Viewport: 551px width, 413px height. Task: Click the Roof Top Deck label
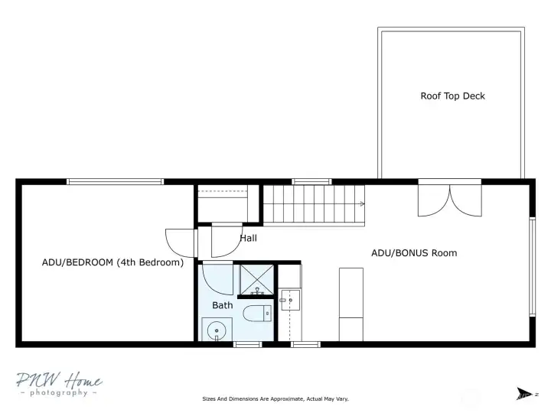[452, 96]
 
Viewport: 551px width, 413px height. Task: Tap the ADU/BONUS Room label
[414, 253]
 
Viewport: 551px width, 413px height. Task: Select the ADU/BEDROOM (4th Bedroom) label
[112, 262]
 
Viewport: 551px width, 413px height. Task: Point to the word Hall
[249, 238]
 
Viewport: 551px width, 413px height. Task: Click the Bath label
[223, 305]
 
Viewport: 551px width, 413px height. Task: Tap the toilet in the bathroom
[257, 314]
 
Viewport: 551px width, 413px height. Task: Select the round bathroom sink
[217, 330]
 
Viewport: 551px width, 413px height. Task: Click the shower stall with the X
[256, 280]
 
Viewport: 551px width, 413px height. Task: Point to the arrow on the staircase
[362, 204]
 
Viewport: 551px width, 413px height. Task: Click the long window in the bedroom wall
[115, 181]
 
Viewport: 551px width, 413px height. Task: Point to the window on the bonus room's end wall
[533, 267]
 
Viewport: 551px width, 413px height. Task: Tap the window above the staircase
[311, 181]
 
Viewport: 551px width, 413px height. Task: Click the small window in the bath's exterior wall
[247, 344]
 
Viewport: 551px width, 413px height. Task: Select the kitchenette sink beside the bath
[290, 301]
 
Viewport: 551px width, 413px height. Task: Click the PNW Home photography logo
[59, 384]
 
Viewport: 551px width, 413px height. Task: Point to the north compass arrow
[524, 394]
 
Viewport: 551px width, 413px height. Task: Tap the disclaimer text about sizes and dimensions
[275, 399]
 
